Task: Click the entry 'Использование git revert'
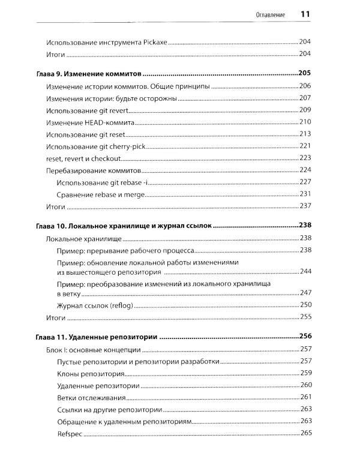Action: pyautogui.click(x=88, y=110)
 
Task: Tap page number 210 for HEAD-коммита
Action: pyautogui.click(x=305, y=122)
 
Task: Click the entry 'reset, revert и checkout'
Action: pyautogui.click(x=83, y=158)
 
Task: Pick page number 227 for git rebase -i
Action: pyautogui.click(x=305, y=182)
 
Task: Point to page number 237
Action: pyautogui.click(x=305, y=206)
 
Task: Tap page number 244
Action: pyautogui.click(x=305, y=272)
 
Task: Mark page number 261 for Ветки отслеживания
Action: pyautogui.click(x=305, y=397)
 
